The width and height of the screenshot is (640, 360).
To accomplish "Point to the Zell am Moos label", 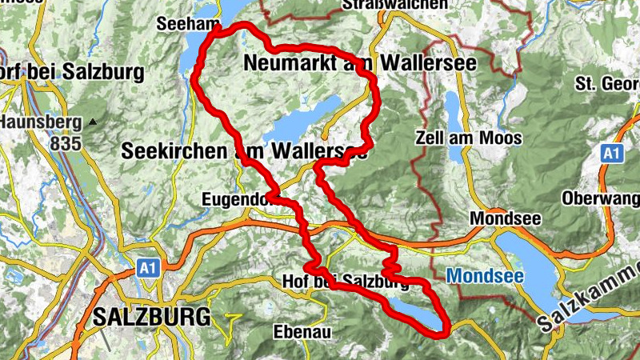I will [469, 138].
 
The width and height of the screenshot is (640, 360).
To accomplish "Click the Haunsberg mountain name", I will [40, 122].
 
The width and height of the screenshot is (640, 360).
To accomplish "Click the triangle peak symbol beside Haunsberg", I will [94, 122].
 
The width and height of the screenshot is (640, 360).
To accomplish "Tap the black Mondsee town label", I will [506, 218].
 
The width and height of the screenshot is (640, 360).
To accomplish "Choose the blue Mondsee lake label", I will [485, 277].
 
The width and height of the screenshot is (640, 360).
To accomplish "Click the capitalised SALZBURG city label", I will [151, 316].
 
